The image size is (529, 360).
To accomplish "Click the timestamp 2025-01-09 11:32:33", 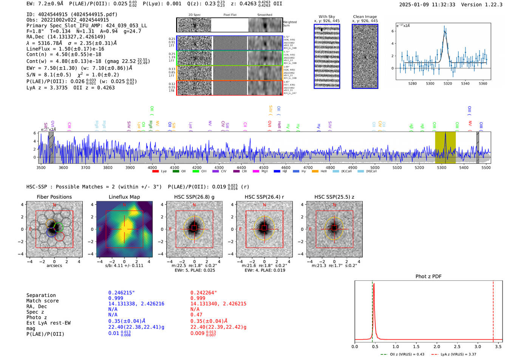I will pos(427,5).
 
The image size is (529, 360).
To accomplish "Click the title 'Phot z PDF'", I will pos(428,277).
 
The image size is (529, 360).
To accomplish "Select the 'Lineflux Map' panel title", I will pos(124,197).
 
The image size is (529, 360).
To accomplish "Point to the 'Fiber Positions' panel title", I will pos(54,197).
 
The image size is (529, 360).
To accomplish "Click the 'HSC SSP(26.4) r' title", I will pos(264,197).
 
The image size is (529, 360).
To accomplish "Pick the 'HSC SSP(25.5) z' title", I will pos(334,197).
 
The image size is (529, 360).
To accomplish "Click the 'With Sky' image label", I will pos(327,17).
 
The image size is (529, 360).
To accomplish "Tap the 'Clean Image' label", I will pos(365,17).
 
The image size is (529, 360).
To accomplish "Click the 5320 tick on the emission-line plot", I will pos(448,83).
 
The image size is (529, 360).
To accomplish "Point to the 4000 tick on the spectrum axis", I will pos(152,168).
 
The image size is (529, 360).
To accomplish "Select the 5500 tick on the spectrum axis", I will pos(486,168).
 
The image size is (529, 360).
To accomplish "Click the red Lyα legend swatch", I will pos(155,172).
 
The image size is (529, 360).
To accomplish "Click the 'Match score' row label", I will pos(42,301).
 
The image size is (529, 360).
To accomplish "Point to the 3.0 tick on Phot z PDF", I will pos(478,346).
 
